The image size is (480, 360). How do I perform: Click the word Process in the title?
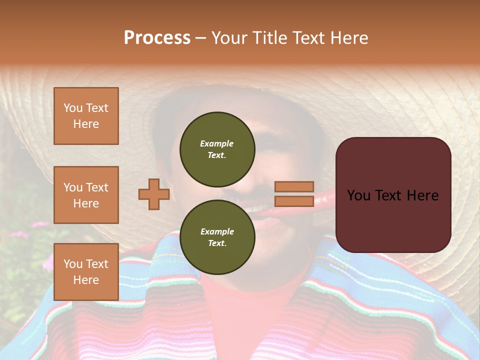[x=157, y=38]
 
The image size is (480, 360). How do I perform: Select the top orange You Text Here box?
[x=86, y=116]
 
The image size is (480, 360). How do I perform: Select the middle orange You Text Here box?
[x=86, y=195]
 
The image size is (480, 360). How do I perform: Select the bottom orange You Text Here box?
[x=86, y=272]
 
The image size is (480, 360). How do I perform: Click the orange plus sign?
[x=154, y=194]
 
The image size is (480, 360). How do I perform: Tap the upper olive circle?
[x=217, y=149]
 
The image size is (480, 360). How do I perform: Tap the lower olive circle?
[x=217, y=237]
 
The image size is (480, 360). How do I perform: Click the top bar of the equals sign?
[x=294, y=187]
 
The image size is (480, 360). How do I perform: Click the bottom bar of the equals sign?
[x=294, y=201]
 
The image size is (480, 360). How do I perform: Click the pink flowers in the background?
[x=20, y=234]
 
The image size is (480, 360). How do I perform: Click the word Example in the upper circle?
[x=216, y=143]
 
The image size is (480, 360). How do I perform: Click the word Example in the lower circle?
[x=217, y=231]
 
